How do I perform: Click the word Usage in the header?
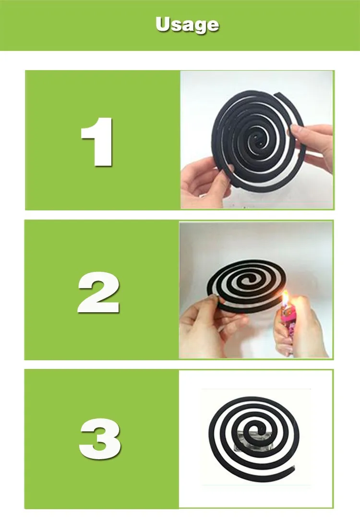[x=187, y=24]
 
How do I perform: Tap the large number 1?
[x=98, y=141]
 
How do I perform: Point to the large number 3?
[x=99, y=438]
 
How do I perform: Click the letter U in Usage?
[x=163, y=24]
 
